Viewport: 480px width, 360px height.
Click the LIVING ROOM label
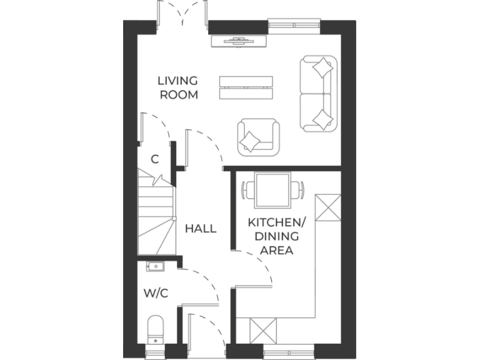pos(178,87)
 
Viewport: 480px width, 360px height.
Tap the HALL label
pos(201,229)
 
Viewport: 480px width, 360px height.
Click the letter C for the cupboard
pos(154,159)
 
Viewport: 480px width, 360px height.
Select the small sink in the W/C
pos(154,267)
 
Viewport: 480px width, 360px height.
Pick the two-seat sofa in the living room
pos(319,94)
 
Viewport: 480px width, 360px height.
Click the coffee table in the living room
pos(246,87)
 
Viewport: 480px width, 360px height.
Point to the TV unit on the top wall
pos(240,41)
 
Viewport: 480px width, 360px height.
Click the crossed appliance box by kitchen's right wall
pos(328,207)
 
